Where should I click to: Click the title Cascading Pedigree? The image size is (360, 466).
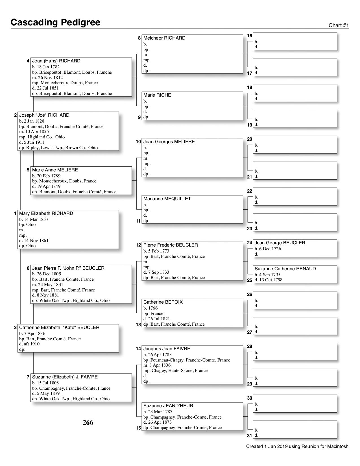click(x=55, y=22)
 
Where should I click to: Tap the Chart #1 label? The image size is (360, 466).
click(x=339, y=25)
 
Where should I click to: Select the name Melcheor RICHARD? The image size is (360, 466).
click(x=164, y=38)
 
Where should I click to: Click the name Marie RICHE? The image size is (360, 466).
click(x=157, y=95)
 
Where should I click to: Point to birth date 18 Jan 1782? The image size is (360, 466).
click(x=46, y=67)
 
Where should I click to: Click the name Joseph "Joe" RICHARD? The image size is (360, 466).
click(x=44, y=115)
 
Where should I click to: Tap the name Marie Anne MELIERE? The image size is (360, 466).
click(x=55, y=170)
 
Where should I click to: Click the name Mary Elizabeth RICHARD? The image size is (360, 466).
click(x=46, y=214)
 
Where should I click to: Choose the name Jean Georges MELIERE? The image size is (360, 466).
click(x=169, y=142)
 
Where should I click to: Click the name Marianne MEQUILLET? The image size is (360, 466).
click(x=167, y=199)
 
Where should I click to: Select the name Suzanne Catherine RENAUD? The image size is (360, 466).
click(x=285, y=269)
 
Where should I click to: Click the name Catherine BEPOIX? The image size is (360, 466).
click(x=163, y=302)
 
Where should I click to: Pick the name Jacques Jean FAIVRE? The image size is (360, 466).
click(x=167, y=349)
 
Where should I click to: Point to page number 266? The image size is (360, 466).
click(x=88, y=423)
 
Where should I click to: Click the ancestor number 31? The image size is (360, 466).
click(x=249, y=436)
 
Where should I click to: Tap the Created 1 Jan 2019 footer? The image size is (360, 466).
click(x=297, y=447)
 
